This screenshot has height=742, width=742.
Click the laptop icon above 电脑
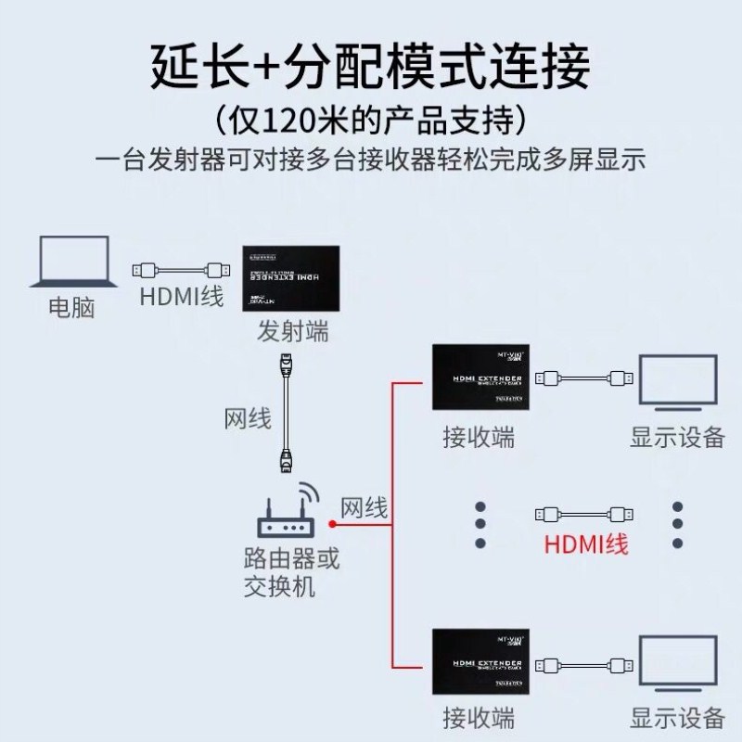point(74,264)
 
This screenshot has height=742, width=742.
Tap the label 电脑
point(71,307)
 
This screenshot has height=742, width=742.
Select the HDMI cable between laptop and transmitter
point(181,271)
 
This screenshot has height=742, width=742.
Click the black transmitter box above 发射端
point(293,277)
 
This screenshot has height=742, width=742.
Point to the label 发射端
point(292,330)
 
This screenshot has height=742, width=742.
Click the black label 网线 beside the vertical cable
point(248,418)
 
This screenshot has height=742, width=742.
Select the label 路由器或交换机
point(290,572)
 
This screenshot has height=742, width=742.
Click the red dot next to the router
point(331,524)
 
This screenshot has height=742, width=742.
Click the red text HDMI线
point(586,543)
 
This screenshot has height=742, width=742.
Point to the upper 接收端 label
point(479,437)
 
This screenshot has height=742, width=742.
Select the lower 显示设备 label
point(677,717)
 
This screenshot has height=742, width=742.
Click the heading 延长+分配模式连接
point(370,70)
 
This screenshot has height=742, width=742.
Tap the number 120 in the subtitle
point(288,121)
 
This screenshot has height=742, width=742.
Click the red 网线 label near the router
point(365,507)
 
